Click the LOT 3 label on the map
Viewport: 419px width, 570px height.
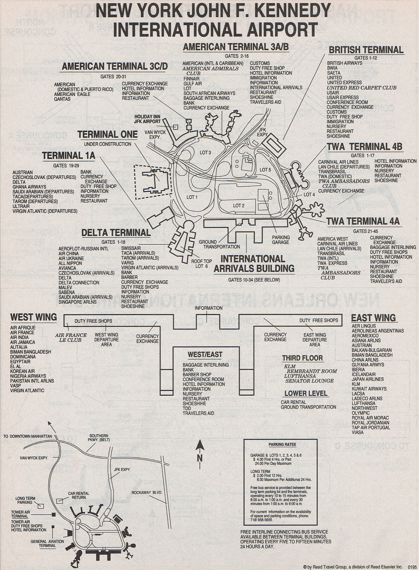coord(205,152)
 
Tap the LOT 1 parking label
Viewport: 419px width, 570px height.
coord(192,197)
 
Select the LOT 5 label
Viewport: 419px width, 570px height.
coord(265,170)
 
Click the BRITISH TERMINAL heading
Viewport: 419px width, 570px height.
coord(366,50)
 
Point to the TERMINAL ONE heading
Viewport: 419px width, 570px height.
coord(107,134)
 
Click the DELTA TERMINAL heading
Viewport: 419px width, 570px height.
coord(116,233)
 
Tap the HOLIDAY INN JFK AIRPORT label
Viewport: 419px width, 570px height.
coord(147,119)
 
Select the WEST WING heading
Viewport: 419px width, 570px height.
coord(33,317)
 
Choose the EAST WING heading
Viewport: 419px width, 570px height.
coord(373,318)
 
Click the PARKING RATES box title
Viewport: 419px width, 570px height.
coord(282,445)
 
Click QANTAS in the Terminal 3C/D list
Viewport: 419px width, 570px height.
coord(62,99)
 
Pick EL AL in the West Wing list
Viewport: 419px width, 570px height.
coord(16,366)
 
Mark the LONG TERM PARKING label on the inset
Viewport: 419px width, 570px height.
coord(25,500)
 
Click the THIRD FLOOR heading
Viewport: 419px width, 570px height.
coord(302,358)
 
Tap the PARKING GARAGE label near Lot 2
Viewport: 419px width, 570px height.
coord(281,240)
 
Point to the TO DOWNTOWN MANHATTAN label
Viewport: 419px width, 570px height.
coord(27,437)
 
